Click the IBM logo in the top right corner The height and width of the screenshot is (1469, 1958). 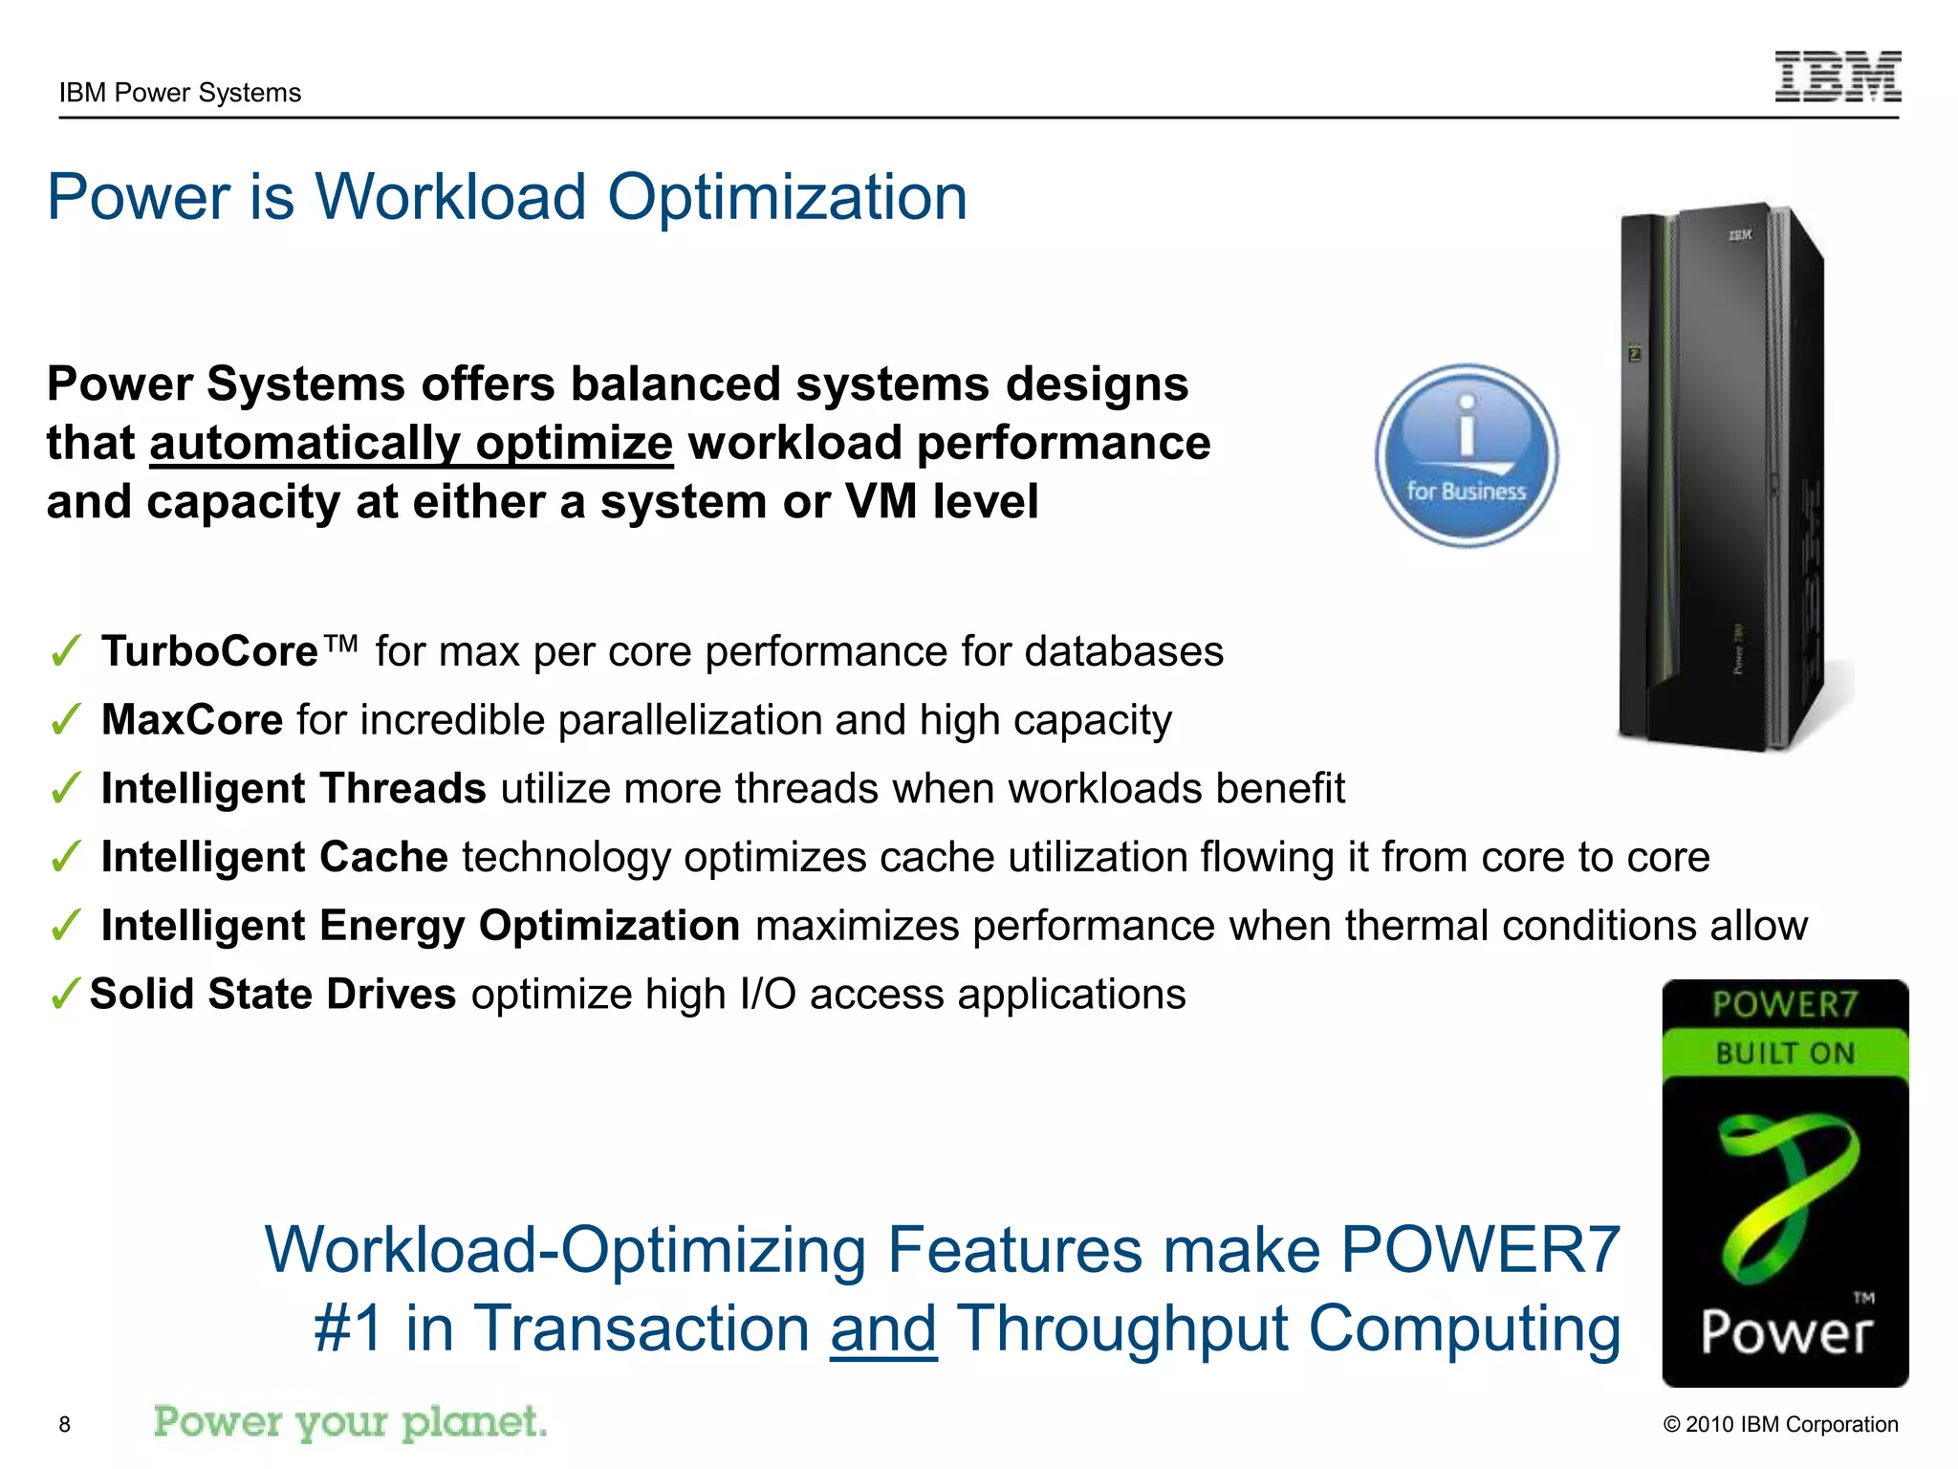coord(1837,77)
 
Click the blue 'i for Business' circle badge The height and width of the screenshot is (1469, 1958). coord(1466,455)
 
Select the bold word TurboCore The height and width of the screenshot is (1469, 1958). coord(209,652)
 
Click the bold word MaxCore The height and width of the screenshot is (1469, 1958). coord(191,720)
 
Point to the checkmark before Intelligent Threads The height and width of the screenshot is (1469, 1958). coord(65,790)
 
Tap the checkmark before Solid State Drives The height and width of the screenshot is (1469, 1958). coord(65,996)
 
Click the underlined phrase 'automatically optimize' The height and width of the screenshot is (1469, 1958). coord(411,444)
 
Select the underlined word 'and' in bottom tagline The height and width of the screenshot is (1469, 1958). coord(882,1329)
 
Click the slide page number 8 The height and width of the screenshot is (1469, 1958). coord(65,1424)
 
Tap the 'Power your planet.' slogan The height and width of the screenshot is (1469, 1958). coord(350,1422)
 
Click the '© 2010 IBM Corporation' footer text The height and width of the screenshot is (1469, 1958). coord(1780,1424)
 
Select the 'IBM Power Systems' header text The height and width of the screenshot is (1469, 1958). coord(180,93)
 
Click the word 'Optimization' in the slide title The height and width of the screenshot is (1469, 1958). coord(787,198)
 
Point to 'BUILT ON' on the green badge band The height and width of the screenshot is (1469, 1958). coord(1785,1054)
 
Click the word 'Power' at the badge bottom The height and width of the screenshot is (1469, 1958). coord(1785,1332)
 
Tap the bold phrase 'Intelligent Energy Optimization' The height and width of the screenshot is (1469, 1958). coord(421,926)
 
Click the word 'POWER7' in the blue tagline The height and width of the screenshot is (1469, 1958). coord(1480,1250)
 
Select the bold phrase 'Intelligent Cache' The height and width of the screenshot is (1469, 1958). coord(274,857)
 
